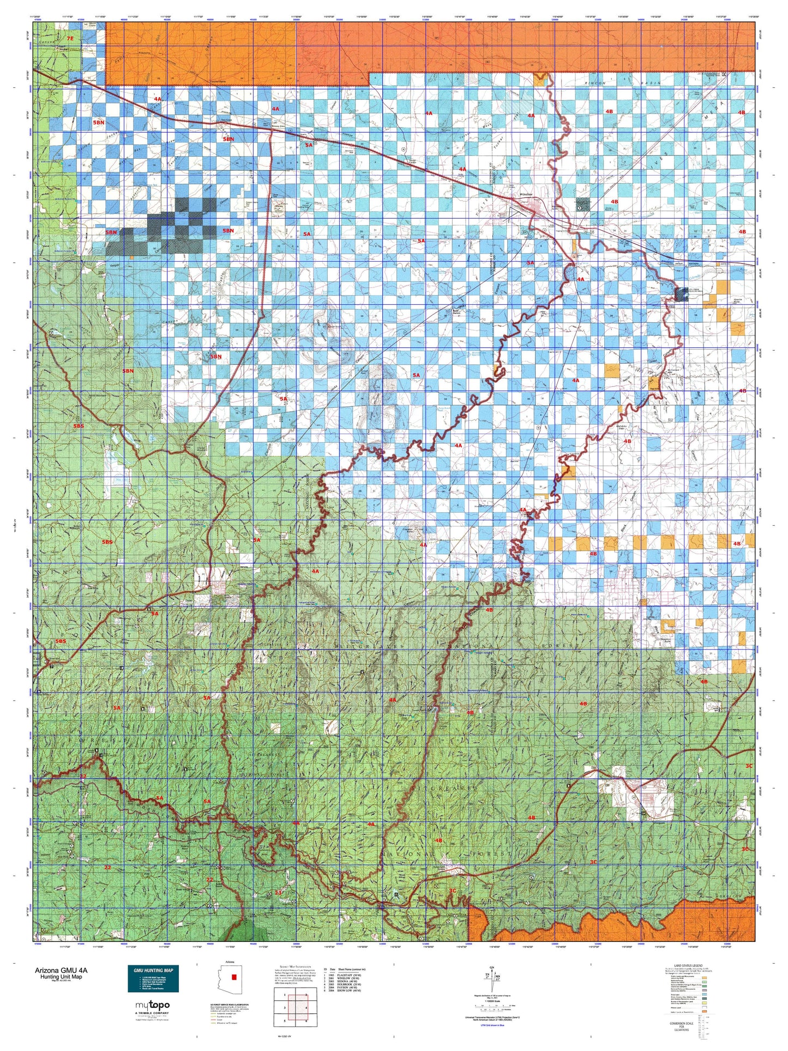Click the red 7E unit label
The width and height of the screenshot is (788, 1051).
[x=69, y=39]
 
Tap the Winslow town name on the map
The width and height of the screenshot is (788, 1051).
[x=526, y=194]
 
